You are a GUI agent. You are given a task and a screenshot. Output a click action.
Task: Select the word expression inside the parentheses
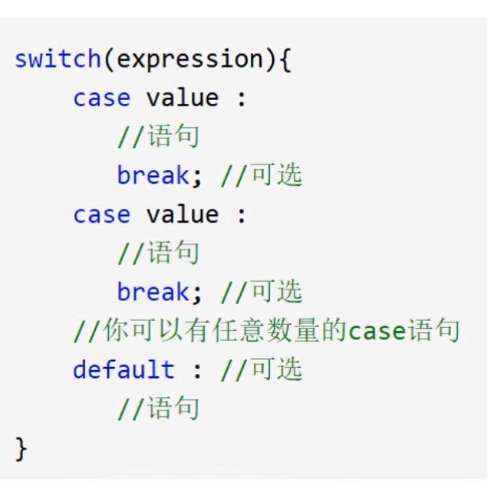[187, 60]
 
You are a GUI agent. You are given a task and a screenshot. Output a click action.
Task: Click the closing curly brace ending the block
[21, 449]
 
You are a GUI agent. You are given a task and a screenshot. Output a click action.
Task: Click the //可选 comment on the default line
[262, 370]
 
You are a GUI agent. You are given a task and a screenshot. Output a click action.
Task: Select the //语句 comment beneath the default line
[158, 409]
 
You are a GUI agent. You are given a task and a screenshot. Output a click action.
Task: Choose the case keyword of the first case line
[101, 98]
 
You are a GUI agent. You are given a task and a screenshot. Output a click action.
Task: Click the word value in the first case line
[182, 98]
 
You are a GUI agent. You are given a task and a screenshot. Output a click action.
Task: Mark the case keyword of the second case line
[101, 215]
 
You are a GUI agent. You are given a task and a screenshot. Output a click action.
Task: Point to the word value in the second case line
[182, 215]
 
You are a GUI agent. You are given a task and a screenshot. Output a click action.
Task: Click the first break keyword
[152, 175]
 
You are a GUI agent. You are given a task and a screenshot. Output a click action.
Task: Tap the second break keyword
[152, 292]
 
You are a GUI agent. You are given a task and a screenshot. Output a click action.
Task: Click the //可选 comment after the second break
[262, 292]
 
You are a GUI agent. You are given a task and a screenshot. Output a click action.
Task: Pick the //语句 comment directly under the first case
[158, 137]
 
